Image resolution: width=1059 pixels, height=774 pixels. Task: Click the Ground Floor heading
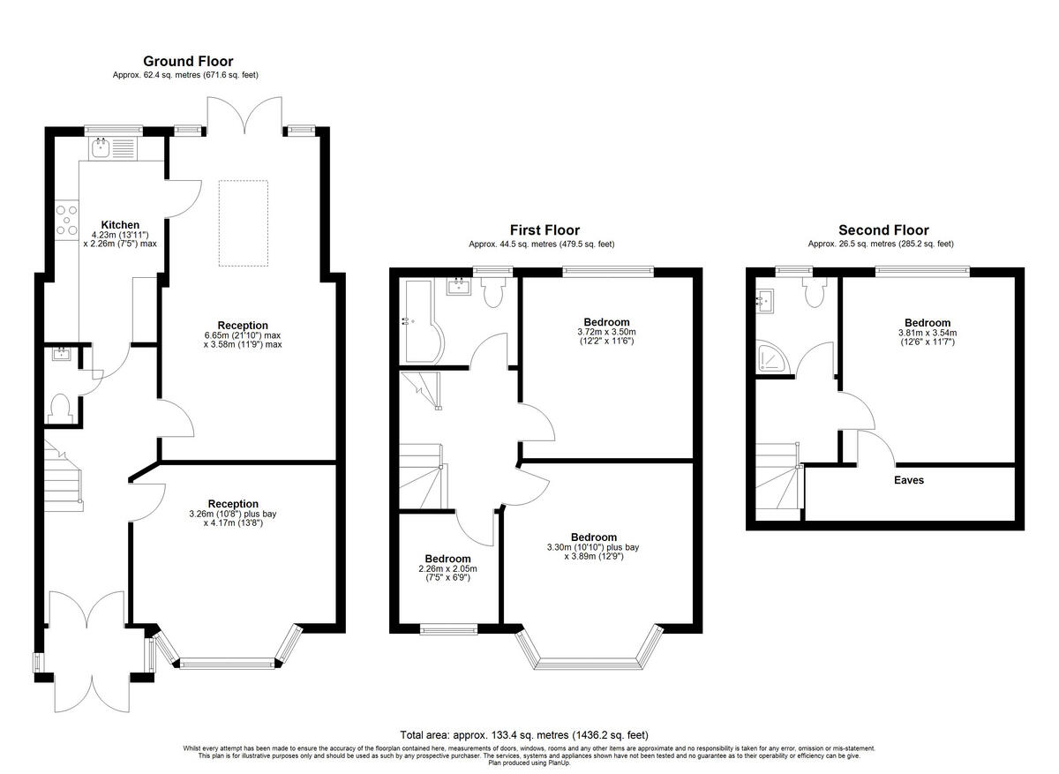click(x=188, y=61)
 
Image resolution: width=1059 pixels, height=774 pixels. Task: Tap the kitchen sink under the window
click(x=111, y=147)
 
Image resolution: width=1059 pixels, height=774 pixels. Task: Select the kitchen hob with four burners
click(x=66, y=220)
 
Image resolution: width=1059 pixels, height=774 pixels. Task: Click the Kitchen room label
click(x=119, y=225)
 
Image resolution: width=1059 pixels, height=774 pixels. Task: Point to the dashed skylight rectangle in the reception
click(x=243, y=222)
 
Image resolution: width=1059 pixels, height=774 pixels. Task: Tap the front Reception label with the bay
click(x=233, y=504)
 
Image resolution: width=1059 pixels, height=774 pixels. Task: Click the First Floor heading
click(x=544, y=230)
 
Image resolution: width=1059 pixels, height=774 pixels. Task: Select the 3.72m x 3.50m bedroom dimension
click(x=605, y=332)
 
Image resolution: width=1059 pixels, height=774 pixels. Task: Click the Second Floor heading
click(x=882, y=230)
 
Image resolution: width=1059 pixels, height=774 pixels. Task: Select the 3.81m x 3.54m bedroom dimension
click(x=927, y=333)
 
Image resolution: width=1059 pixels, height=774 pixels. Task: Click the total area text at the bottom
click(x=524, y=734)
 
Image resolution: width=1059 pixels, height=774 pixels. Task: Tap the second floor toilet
click(x=812, y=292)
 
